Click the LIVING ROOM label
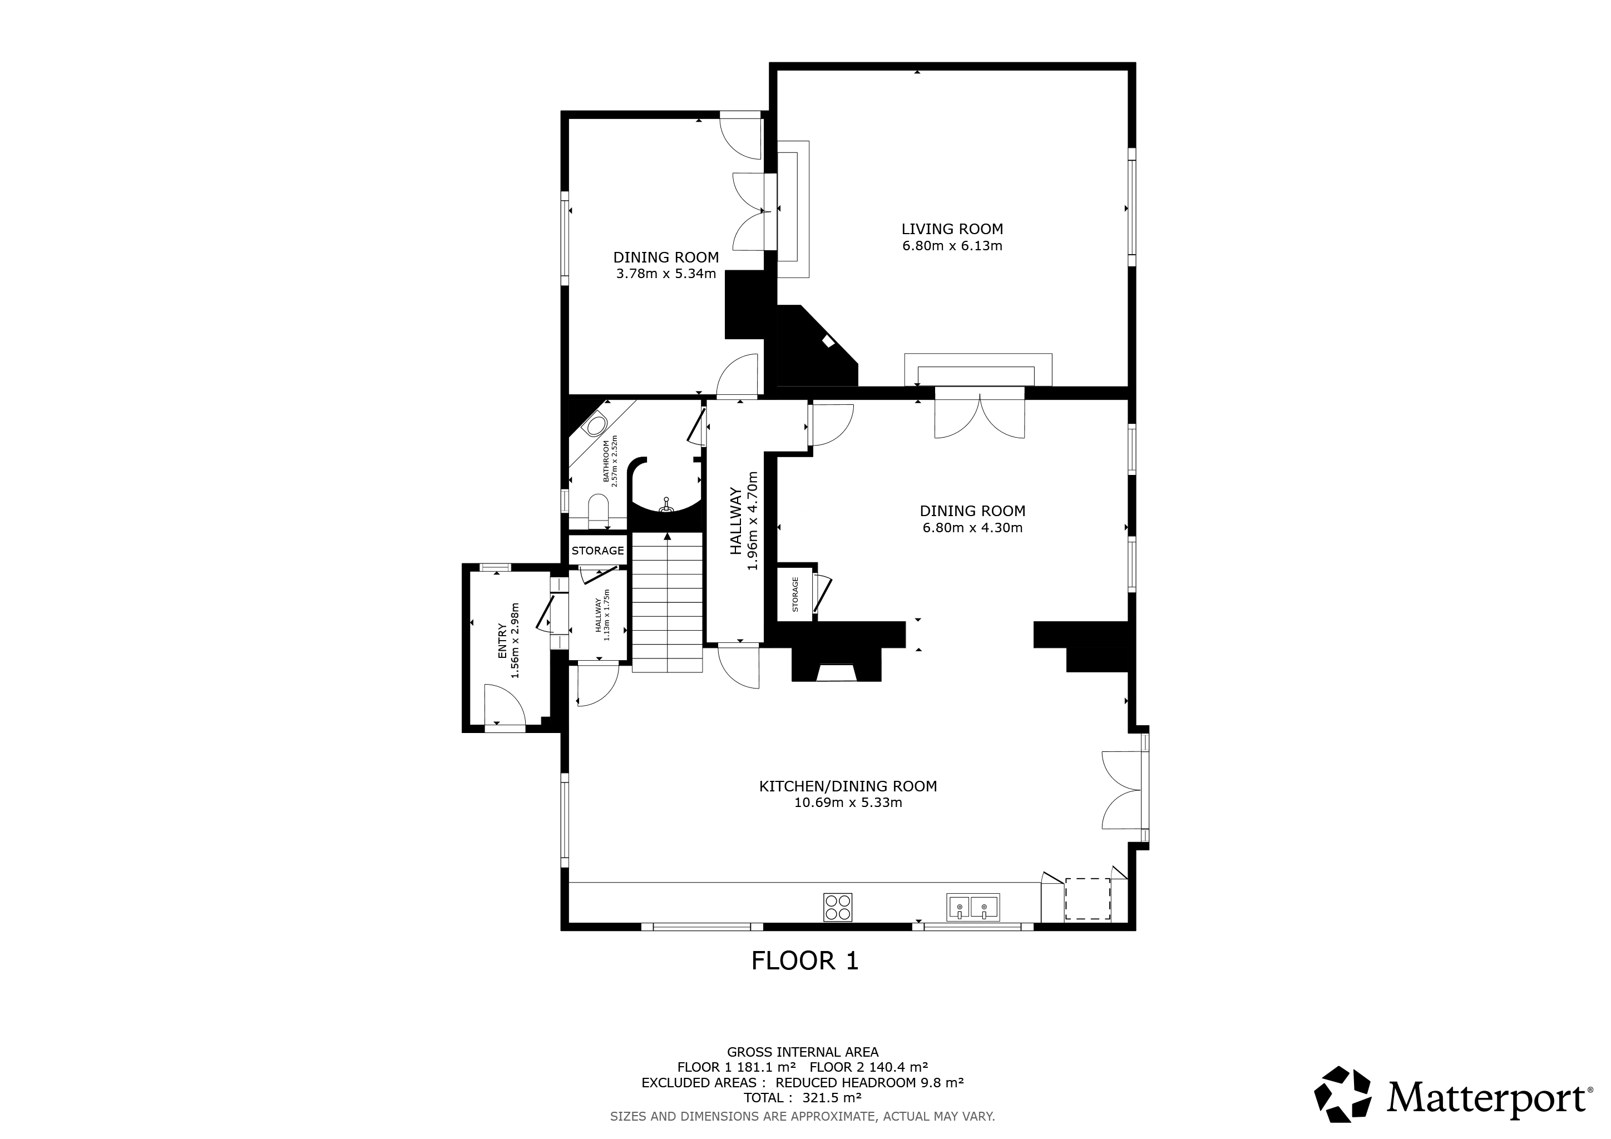point(952,229)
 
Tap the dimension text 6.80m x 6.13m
point(952,246)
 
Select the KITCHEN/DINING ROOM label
point(848,786)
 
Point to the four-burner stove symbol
point(838,907)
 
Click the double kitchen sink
point(972,907)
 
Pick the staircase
point(668,602)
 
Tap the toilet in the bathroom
point(599,509)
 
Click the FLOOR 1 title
point(805,960)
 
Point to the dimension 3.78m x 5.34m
point(666,274)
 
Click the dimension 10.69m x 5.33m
point(848,803)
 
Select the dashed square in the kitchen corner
point(1088,898)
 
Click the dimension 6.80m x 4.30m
point(972,528)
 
